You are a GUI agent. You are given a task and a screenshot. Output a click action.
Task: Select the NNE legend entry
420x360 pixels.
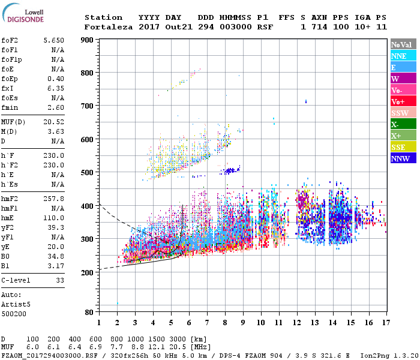tap(403, 56)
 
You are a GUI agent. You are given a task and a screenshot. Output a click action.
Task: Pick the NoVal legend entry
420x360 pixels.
tap(403, 44)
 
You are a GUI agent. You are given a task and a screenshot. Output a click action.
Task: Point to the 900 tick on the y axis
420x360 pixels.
tap(88, 40)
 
